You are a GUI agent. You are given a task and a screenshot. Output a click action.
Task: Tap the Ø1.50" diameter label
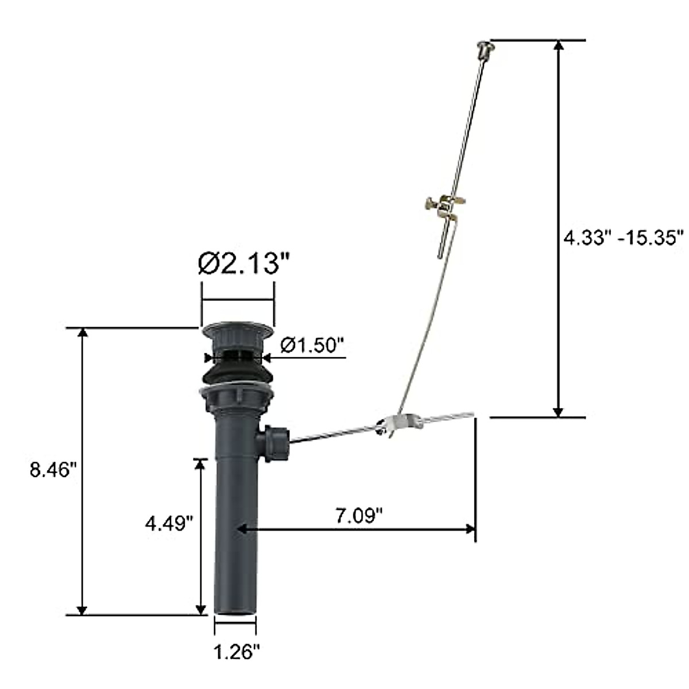tap(312, 346)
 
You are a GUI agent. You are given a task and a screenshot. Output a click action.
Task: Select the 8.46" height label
tap(53, 470)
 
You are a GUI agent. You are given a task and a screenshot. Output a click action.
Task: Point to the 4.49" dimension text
tap(169, 523)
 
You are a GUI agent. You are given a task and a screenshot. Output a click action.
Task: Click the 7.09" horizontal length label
tap(359, 516)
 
